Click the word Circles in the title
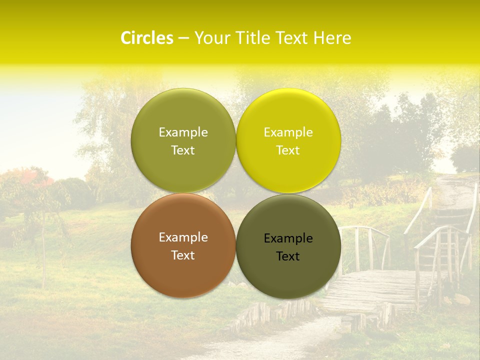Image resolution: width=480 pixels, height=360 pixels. coord(147,38)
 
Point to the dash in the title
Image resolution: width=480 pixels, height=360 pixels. coord(183,38)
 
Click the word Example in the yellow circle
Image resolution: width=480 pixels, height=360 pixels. coord(288,132)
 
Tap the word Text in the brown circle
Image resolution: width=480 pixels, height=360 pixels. coord(183,255)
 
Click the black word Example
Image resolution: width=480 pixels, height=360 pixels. coord(288,238)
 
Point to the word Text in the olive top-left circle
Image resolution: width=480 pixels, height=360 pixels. coord(183,150)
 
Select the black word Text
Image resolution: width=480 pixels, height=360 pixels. coord(288,256)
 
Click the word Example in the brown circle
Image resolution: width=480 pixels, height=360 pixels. coord(183,237)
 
